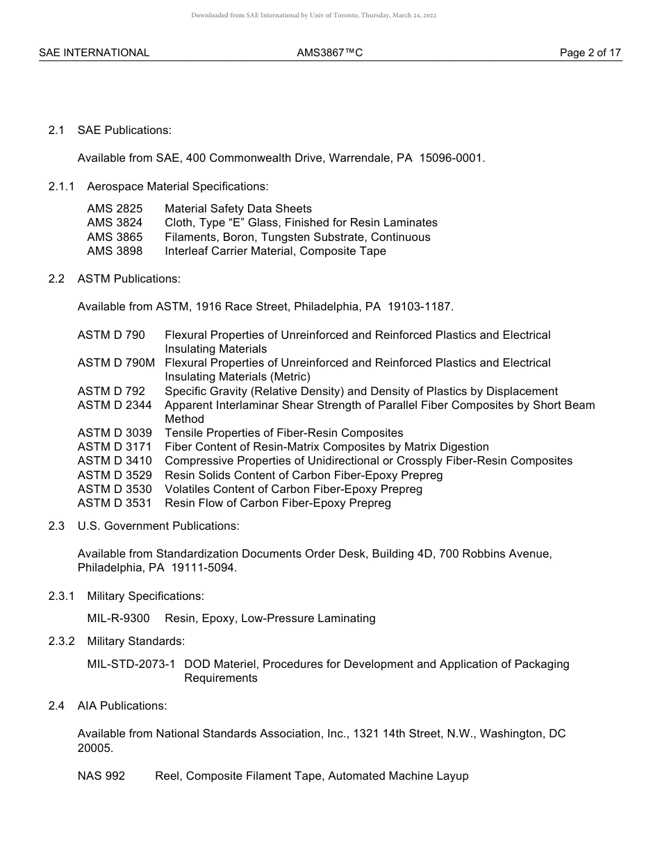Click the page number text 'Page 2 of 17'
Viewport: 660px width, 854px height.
click(x=590, y=53)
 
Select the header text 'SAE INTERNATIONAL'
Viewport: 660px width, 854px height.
click(x=94, y=53)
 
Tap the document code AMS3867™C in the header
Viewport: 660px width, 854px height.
click(x=329, y=53)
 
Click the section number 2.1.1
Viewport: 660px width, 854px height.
click(x=61, y=186)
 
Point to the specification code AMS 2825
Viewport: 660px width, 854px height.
click(x=115, y=208)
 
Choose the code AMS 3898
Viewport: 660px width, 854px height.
click(x=115, y=251)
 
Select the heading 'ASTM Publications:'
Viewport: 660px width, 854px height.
click(x=129, y=278)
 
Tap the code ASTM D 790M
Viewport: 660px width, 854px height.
click(x=116, y=362)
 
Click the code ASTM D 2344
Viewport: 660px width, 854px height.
click(x=115, y=405)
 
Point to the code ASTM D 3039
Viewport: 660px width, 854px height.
click(x=115, y=433)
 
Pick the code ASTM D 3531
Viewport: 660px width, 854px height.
click(x=115, y=503)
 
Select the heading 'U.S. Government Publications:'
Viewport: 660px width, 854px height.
click(x=158, y=526)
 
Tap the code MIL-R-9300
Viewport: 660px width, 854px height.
click(x=118, y=618)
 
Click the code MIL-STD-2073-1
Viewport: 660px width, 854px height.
click(x=131, y=664)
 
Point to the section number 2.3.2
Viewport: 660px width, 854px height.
click(x=61, y=641)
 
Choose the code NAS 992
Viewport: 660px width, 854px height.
click(x=101, y=776)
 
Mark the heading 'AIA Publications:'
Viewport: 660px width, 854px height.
click(x=122, y=705)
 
